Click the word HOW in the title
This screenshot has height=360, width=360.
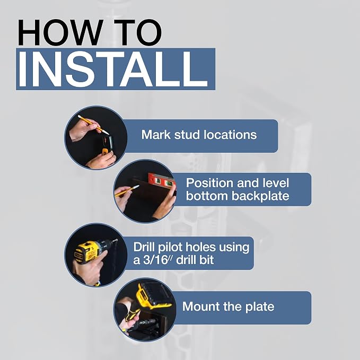(x=60, y=32)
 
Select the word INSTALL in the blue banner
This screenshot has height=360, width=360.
(x=113, y=69)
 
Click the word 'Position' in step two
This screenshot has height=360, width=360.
(x=209, y=183)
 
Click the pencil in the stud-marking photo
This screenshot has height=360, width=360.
(x=93, y=125)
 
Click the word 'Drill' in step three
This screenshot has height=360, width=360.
(x=144, y=247)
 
